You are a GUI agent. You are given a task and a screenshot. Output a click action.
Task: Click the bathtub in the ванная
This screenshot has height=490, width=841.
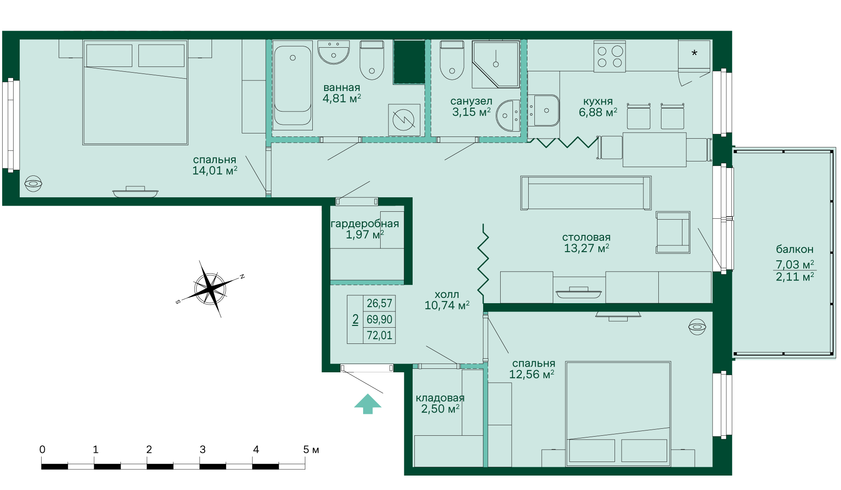coord(293,85)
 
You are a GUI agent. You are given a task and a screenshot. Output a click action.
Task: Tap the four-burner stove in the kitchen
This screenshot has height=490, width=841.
coord(610,56)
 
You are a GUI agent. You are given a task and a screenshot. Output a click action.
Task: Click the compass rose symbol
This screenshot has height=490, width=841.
coord(211,288)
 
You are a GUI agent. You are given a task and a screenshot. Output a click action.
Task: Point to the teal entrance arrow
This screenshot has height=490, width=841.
coord(368,404)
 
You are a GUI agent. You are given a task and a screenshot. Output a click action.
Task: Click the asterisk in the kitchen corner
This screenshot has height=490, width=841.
coord(694,53)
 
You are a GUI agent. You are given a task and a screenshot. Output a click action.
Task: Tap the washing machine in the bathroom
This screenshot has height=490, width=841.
coord(404,120)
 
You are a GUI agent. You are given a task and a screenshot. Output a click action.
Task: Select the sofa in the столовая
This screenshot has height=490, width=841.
coord(586,193)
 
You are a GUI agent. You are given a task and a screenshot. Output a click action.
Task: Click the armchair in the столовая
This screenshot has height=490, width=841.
coord(673,232)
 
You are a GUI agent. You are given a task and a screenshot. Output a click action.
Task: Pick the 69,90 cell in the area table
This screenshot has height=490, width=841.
coord(379,319)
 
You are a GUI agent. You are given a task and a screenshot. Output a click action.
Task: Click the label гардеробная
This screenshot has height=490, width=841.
coord(365,224)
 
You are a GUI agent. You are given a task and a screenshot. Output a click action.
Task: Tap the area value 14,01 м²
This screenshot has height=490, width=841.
coord(215,171)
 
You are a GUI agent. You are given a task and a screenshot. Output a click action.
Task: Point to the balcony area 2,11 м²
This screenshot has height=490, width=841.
coord(795,276)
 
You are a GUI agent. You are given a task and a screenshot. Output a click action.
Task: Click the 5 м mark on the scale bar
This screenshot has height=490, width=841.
coord(311,450)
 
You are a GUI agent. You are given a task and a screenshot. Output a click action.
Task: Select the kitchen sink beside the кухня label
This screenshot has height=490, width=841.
coord(544,111)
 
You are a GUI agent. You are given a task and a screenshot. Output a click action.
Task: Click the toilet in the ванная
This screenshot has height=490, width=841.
coord(372,60)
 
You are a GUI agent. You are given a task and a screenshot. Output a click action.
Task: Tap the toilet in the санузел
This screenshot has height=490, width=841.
coord(452,60)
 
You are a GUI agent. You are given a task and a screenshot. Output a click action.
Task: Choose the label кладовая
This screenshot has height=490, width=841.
coord(440,398)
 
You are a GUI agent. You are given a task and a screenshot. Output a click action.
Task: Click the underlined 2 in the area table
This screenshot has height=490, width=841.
coord(355,320)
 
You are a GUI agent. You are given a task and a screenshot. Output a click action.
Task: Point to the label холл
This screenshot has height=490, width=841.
coord(447,294)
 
